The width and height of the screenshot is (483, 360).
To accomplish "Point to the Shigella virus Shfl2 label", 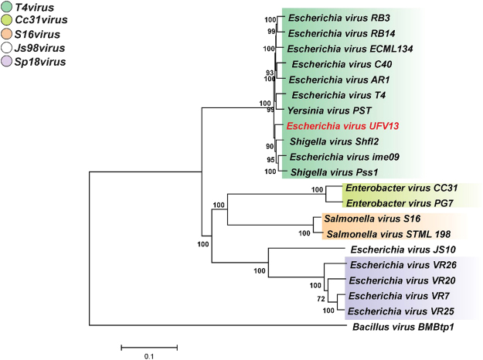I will pos(329,141).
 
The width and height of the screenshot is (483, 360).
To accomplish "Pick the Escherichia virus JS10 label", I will pos(393,250).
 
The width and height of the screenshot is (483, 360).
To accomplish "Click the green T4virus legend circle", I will pos(8,8).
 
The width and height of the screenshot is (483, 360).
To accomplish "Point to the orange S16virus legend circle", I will pos(8,35).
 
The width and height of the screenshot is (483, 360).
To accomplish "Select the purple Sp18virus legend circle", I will pos(8,61).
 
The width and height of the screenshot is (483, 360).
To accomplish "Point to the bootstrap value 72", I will pos(320,297).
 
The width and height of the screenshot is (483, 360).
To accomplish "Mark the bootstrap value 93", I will pos(270,73).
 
